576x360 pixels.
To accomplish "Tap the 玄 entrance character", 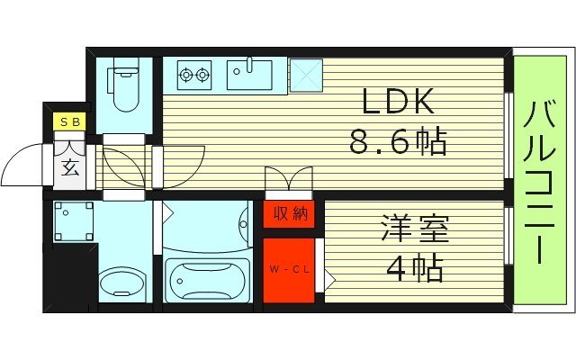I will (x=70, y=166).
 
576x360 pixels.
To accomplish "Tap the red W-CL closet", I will (x=289, y=269).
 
